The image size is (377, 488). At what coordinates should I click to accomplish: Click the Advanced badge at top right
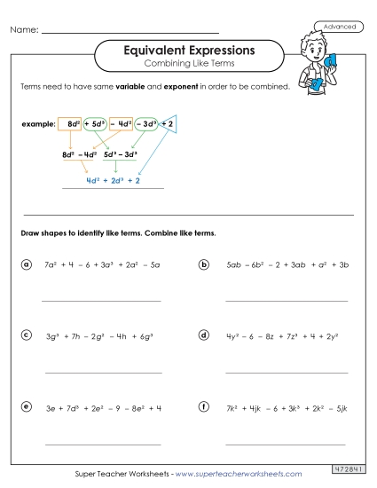pyautogui.click(x=339, y=27)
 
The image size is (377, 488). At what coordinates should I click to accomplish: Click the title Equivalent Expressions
pyautogui.click(x=188, y=51)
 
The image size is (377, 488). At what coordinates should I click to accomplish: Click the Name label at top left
pyautogui.click(x=24, y=31)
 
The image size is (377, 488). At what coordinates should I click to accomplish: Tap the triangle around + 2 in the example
pyautogui.click(x=169, y=125)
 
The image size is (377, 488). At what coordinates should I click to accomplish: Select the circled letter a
pyautogui.click(x=27, y=264)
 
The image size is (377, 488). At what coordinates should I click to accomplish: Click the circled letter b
pyautogui.click(x=204, y=264)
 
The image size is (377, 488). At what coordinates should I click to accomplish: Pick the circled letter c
pyautogui.click(x=27, y=335)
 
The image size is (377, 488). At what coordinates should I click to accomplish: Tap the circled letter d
pyautogui.click(x=204, y=335)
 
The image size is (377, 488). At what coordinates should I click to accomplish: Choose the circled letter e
pyautogui.click(x=27, y=406)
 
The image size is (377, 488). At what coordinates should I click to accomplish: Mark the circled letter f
pyautogui.click(x=204, y=406)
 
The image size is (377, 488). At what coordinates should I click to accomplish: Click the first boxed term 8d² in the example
pyautogui.click(x=69, y=124)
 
